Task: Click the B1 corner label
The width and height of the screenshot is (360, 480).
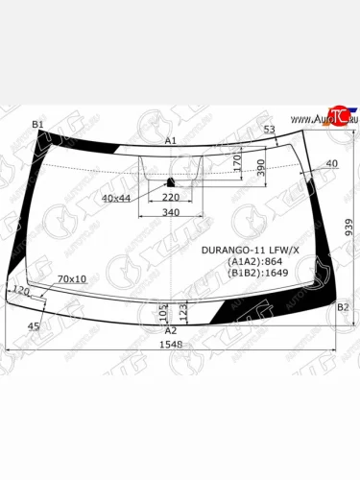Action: (37, 125)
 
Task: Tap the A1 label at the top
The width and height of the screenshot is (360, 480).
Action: (171, 141)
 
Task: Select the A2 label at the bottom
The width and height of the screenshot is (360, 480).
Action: (171, 329)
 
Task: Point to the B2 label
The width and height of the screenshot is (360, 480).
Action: (343, 306)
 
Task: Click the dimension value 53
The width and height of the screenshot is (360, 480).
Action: (269, 130)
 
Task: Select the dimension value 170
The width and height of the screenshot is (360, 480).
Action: (236, 165)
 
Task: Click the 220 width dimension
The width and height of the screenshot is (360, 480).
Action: (184, 198)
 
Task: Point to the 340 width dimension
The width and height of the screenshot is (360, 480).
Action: (171, 213)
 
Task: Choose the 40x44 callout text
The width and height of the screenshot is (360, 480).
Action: (116, 198)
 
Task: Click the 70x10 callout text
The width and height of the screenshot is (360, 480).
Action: (72, 279)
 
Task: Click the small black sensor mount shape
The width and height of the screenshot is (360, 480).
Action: (172, 181)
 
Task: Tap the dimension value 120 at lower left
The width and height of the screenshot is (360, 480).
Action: (21, 289)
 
